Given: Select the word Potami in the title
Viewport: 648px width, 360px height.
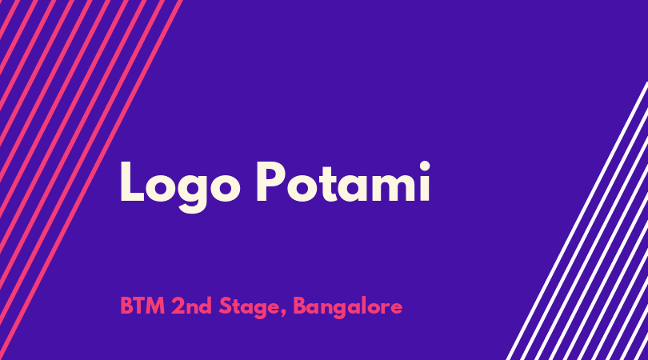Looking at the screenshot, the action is point(343,182).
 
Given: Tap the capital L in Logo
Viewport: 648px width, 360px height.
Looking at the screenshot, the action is point(132,182).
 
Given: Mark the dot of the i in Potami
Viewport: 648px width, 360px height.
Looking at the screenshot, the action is point(425,166).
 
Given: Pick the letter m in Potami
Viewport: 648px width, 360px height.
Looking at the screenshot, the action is point(394,188).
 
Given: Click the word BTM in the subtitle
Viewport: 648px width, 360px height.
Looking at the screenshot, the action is point(142,306).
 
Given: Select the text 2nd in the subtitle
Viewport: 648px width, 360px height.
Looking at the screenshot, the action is point(192,306).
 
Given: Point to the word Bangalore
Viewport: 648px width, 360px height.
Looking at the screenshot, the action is point(347,308).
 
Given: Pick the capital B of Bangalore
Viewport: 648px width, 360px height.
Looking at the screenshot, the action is point(300,306).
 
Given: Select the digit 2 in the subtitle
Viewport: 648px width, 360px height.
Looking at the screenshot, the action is point(178,306).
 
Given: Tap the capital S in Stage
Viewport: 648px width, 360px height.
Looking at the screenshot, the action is point(226,306).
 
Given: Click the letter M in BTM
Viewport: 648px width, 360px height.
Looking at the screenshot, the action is point(156,306).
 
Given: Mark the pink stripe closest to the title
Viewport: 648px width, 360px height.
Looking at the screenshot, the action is point(90,180).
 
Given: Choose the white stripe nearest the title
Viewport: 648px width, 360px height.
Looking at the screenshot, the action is point(578,221).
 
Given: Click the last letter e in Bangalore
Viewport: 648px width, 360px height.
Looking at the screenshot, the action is point(396,308).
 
